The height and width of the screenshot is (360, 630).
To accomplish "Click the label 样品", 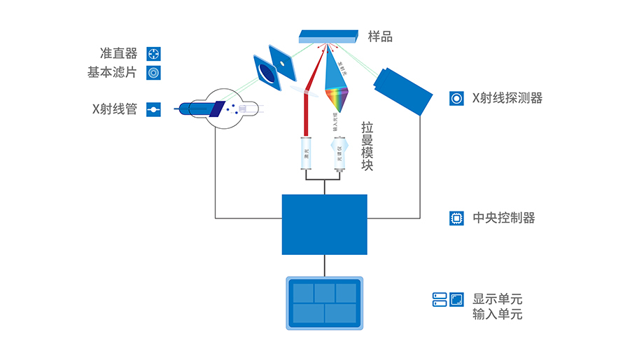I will point(380,36).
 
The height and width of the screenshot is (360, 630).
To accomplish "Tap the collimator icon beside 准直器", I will point(153,54).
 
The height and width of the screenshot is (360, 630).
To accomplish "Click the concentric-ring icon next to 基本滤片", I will point(153,72).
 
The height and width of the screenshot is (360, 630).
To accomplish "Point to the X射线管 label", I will point(115,109).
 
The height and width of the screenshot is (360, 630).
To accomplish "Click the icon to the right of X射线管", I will point(153,109).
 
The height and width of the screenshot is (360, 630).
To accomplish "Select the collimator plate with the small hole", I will point(281,62).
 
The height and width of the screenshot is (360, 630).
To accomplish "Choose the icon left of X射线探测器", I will point(456,98).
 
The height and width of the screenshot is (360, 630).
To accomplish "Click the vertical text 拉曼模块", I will point(367,146).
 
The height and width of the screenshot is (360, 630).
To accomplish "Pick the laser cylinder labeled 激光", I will point(306,153).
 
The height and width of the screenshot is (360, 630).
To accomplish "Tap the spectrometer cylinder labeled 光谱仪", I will point(339,153).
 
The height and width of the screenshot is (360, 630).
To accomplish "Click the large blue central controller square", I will point(324,224).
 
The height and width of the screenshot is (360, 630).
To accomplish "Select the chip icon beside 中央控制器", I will point(456,219).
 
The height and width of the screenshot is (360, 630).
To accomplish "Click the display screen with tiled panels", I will point(324,303).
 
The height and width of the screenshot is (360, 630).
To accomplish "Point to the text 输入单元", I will point(497,314).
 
